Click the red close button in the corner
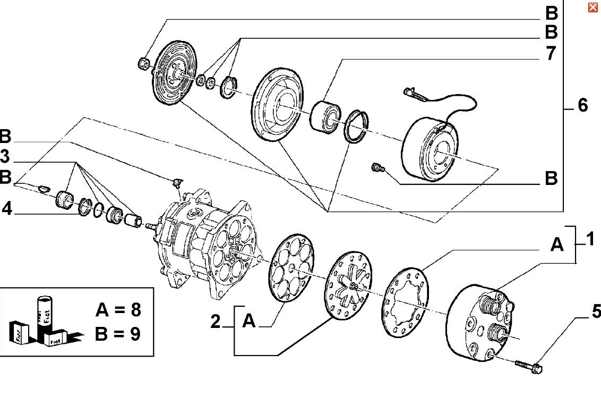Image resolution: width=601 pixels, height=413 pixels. (592, 7)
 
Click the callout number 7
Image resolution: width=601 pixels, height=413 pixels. (551, 53)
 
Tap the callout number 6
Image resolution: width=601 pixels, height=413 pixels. (582, 105)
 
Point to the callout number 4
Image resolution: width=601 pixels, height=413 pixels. (7, 209)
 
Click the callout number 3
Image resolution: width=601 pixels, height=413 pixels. (4, 157)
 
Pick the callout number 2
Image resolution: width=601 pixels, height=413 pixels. (216, 321)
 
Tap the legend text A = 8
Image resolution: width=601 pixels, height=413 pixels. (118, 309)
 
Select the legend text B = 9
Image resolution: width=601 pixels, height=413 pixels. (118, 334)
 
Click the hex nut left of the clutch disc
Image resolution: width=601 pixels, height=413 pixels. (144, 63)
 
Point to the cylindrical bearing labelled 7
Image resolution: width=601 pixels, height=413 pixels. (325, 116)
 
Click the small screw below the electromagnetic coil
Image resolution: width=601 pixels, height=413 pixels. (377, 168)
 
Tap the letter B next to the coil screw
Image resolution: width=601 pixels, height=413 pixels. (551, 178)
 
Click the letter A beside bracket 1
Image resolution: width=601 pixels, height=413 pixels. (557, 245)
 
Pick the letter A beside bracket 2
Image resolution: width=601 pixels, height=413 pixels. (249, 321)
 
